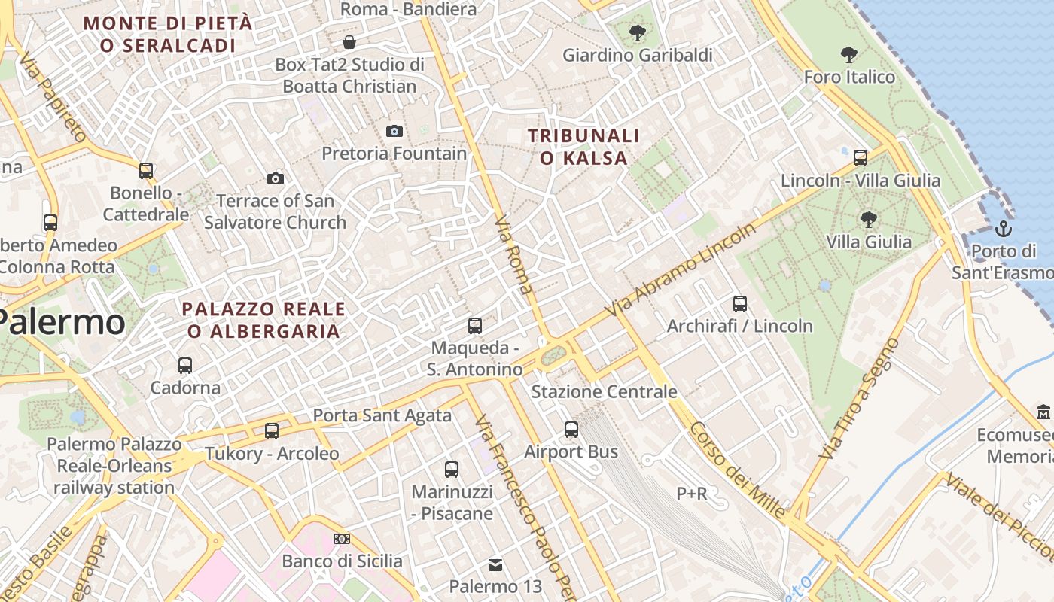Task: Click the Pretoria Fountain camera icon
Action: coord(394,132)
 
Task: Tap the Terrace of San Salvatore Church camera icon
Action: coord(276,178)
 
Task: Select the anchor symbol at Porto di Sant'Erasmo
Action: coord(1003,228)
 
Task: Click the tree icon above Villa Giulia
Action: coord(868,220)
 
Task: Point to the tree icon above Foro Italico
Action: coord(848,55)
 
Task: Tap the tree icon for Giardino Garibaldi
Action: coord(637,33)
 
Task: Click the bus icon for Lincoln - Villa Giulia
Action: coord(861,158)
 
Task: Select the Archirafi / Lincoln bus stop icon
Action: coord(740,304)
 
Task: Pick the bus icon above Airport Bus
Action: coord(571,430)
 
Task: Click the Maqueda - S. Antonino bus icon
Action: coord(475,326)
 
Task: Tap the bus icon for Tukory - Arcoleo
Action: coord(272,431)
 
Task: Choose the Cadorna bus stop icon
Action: coord(185,366)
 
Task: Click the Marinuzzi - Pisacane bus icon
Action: coord(452,470)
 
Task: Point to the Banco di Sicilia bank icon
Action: coord(342,539)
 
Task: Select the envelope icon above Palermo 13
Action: coord(495,564)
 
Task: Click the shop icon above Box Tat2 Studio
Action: coord(349,42)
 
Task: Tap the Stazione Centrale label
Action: coord(604,392)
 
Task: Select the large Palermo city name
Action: coord(62,322)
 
